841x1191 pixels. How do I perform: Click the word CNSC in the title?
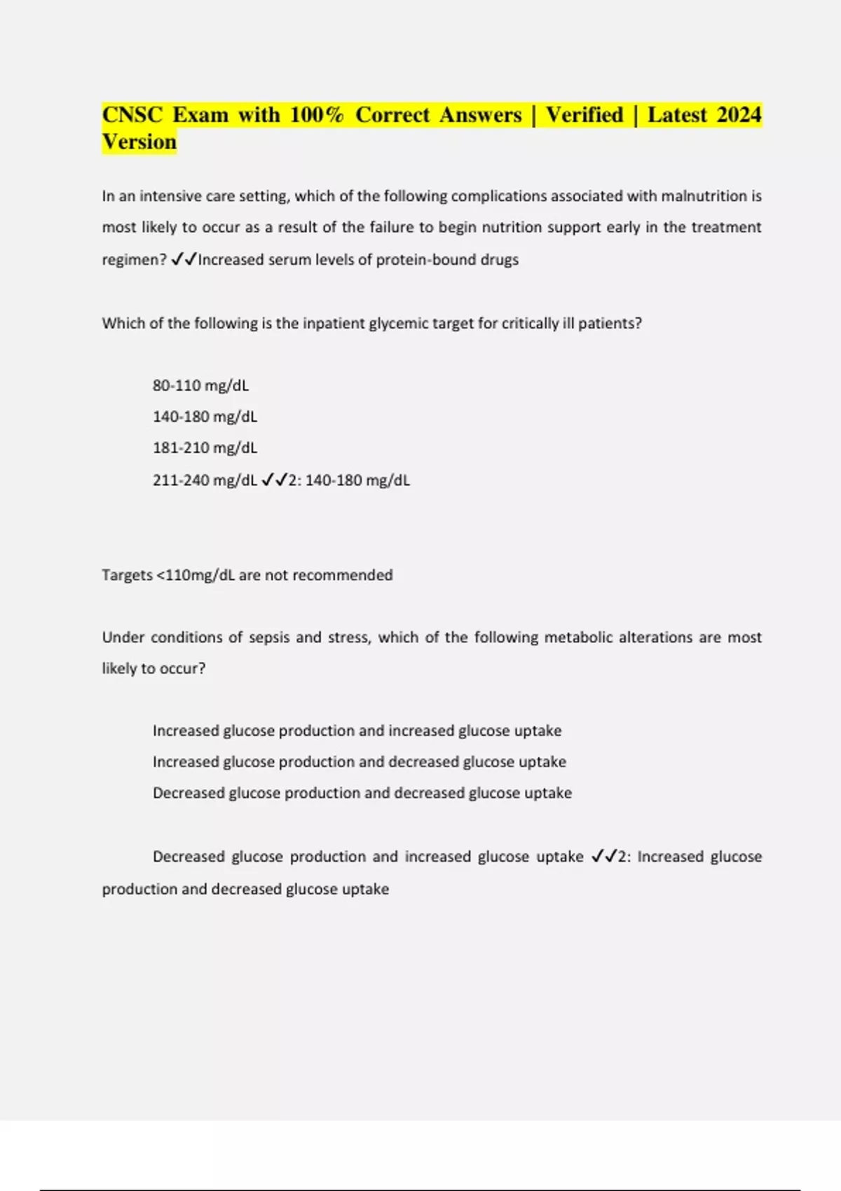pos(132,115)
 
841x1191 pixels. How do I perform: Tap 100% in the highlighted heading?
pos(317,115)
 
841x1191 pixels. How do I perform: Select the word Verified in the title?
pos(584,115)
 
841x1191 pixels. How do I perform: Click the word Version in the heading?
pos(139,142)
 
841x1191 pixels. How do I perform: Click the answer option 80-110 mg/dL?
pos(200,385)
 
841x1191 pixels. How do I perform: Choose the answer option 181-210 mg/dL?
pos(205,448)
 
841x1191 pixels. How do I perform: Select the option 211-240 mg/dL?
pos(205,481)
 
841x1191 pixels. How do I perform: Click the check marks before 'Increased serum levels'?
pos(184,260)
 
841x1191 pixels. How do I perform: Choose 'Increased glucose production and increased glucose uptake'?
pos(357,731)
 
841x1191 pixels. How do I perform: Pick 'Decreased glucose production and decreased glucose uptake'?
pos(362,793)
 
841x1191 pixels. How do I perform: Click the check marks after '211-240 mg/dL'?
pos(274,481)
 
